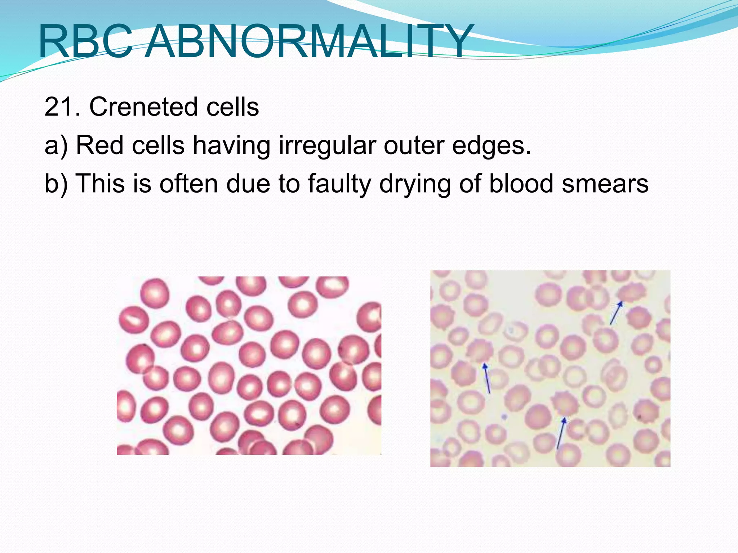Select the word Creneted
tap(143, 107)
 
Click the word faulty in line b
tap(339, 184)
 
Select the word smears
tap(605, 184)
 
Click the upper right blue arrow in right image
tap(616, 313)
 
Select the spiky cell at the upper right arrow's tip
tap(631, 293)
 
